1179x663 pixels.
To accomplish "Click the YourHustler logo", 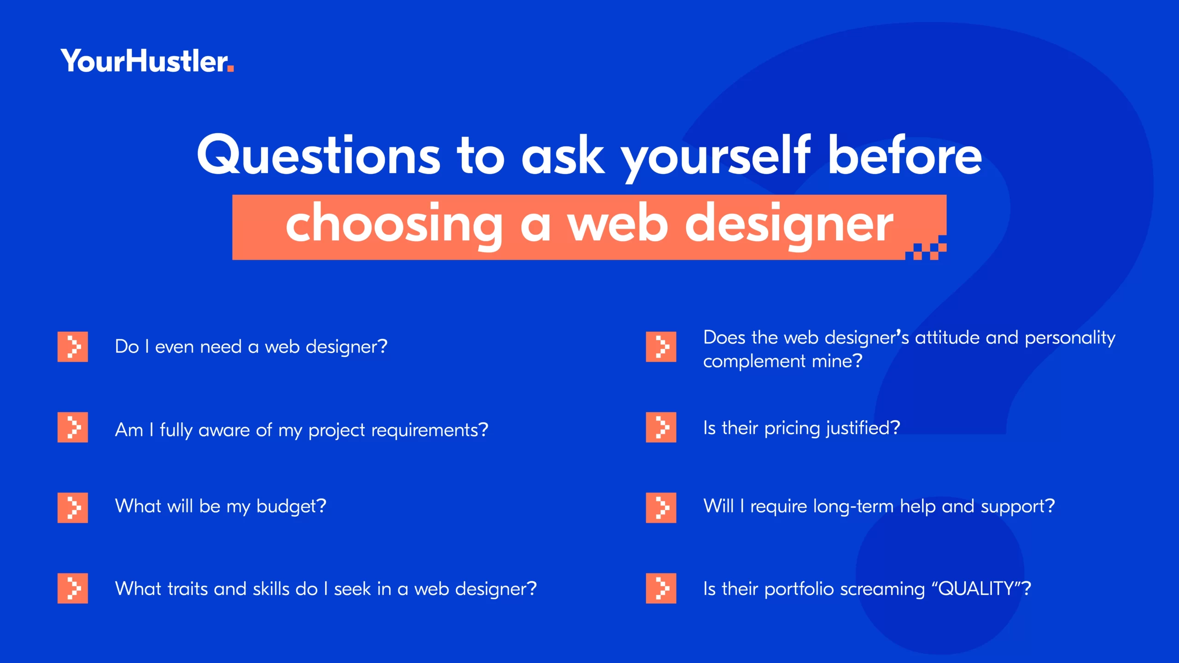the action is tap(147, 61).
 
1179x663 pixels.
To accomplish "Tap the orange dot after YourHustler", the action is tap(231, 69).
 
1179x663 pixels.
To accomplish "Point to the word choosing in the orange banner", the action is tap(394, 225).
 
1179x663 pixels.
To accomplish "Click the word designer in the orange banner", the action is tap(789, 225).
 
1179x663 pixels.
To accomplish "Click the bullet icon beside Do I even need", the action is tap(73, 347).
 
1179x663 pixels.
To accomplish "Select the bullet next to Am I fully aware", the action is tap(73, 427).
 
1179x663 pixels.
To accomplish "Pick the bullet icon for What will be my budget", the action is tap(73, 508).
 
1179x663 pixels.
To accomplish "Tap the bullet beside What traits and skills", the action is tap(73, 588).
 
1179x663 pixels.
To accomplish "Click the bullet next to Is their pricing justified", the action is tap(661, 427).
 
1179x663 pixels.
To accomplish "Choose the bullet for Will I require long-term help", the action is tap(661, 508).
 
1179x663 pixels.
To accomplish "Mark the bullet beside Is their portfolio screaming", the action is tap(661, 588).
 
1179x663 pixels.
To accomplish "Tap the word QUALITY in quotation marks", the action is tap(976, 588).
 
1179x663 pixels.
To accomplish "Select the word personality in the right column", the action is tap(1070, 339).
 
